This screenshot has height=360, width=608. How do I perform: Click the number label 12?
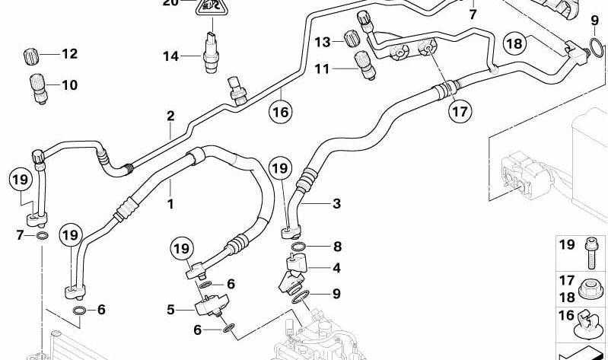pos(69,54)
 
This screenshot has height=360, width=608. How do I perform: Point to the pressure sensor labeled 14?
pos(211,53)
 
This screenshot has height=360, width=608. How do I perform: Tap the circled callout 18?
pos(515,43)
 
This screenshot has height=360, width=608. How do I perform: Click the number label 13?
pos(322,41)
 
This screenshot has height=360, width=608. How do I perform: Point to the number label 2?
pos(171,116)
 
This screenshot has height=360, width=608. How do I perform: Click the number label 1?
pos(170,204)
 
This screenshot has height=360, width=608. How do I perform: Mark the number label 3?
pos(336,203)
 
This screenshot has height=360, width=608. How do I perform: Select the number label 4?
pos(336,267)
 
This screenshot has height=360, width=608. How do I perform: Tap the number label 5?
pos(171,310)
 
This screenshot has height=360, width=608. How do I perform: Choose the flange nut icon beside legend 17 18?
pos(590,288)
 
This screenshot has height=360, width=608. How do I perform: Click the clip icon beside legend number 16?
pos(590,327)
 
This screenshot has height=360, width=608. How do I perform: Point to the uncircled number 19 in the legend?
pos(567,245)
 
